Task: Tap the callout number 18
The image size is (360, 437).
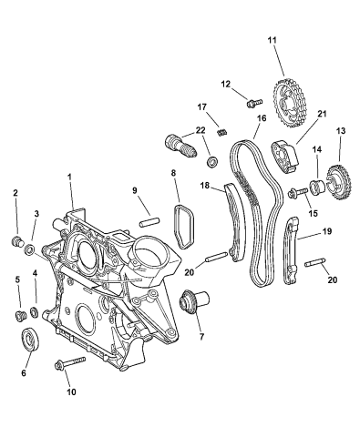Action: point(206,186)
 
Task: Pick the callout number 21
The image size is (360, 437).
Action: point(296,114)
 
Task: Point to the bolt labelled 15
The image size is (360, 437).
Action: point(298,193)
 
